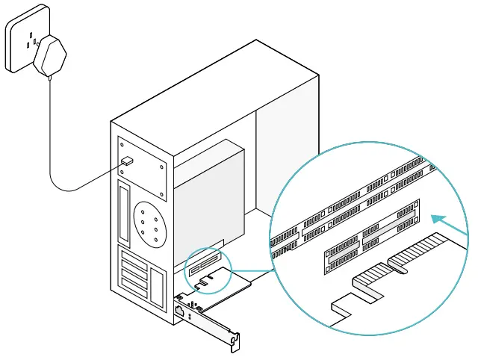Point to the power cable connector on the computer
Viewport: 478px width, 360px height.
[x=127, y=161]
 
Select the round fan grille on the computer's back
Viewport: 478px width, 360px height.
[x=149, y=226]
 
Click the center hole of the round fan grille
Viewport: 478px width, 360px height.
[x=149, y=226]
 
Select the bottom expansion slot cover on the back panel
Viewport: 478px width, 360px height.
[x=134, y=294]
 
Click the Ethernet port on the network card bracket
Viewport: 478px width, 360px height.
[x=180, y=308]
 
